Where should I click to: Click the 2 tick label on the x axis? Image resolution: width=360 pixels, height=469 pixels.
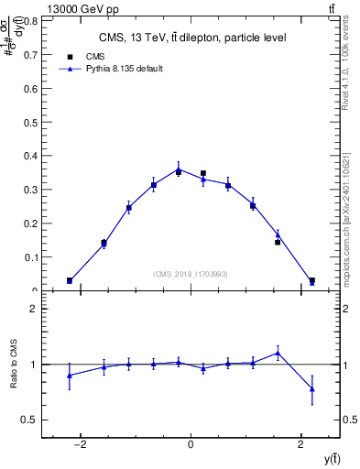[300, 445]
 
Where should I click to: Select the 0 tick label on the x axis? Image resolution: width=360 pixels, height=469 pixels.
[191, 445]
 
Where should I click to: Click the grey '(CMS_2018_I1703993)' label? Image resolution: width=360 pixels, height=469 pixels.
[191, 274]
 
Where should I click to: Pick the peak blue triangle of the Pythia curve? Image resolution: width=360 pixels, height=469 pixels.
[179, 169]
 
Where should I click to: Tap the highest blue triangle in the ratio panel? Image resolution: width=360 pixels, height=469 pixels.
[278, 353]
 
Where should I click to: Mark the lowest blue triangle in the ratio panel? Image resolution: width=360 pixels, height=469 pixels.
[312, 389]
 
